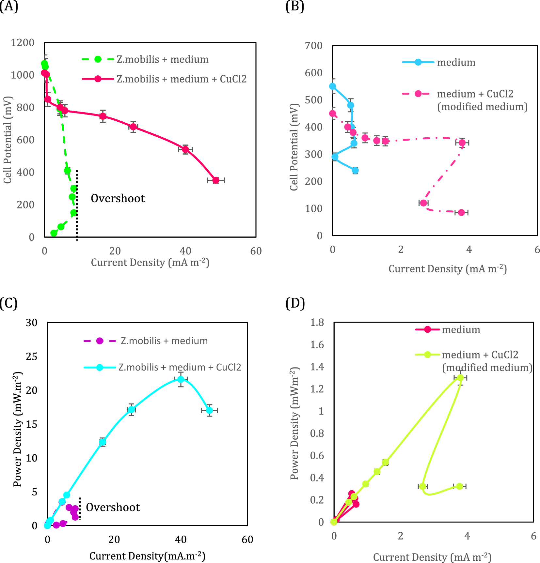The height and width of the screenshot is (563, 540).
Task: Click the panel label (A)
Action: (9, 7)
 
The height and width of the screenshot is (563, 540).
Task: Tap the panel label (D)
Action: (295, 303)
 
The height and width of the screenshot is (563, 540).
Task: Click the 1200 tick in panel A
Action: (23, 43)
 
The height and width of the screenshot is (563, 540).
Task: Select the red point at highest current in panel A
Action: (216, 180)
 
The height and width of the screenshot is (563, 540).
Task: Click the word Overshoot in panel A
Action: (118, 198)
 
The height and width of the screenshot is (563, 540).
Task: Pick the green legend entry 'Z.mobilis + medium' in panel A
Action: (162, 59)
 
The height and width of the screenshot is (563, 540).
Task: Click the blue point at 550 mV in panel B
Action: (332, 86)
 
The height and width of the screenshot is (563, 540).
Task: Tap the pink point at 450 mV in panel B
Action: (332, 114)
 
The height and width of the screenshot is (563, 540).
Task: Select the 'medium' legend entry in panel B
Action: (456, 62)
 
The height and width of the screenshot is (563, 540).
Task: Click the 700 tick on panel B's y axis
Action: (313, 46)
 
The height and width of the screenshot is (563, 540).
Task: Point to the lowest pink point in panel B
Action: (461, 212)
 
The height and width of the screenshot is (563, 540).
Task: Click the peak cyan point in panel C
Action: (181, 379)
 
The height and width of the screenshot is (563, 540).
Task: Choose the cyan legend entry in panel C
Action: (179, 367)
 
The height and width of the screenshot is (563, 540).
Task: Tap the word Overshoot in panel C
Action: (113, 507)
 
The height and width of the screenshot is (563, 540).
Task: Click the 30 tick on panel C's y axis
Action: (32, 323)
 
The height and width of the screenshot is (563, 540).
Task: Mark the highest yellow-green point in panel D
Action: (460, 378)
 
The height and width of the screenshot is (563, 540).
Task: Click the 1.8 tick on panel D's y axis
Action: (317, 322)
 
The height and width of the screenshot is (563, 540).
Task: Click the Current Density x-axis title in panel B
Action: (447, 269)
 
